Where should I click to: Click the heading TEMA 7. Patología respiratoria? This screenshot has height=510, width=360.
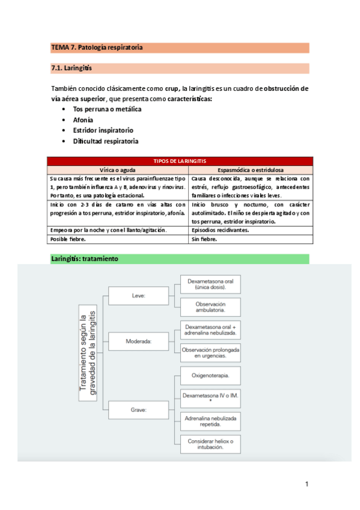click(97, 48)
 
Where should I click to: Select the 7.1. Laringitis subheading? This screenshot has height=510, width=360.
click(72, 68)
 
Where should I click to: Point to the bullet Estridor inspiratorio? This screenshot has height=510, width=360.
click(103, 130)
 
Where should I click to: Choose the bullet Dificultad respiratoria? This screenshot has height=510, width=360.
click(105, 141)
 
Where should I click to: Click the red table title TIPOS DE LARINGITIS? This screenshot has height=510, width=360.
click(180, 161)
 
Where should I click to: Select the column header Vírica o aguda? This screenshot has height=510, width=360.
click(118, 170)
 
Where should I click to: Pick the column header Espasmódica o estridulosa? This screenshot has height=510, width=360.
click(251, 170)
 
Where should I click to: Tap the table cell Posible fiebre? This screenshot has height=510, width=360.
click(67, 239)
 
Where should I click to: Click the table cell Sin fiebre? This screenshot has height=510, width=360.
click(204, 239)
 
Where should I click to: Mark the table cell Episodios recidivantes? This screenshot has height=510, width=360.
click(219, 230)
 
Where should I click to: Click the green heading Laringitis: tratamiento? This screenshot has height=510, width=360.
click(85, 259)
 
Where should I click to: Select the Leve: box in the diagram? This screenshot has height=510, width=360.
click(139, 296)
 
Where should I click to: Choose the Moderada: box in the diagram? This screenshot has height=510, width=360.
click(139, 341)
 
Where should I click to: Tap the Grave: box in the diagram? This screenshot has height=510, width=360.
click(139, 410)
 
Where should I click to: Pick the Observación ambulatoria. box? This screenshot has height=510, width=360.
click(210, 307)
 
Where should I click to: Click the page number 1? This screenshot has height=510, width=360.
click(307, 484)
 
